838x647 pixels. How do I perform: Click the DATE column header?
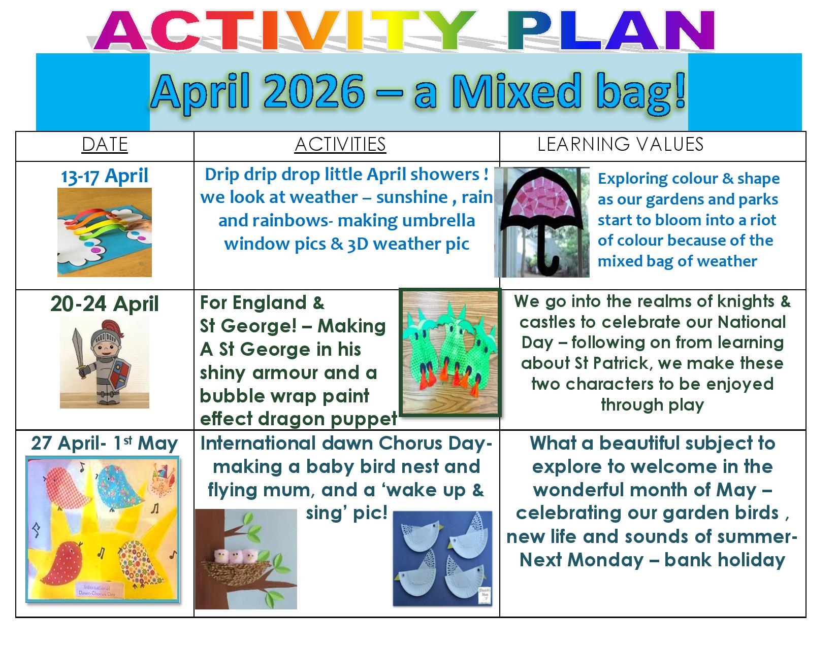pyautogui.click(x=105, y=145)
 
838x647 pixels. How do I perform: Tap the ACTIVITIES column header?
pyautogui.click(x=340, y=145)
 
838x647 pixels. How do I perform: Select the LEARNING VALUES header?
pyautogui.click(x=620, y=144)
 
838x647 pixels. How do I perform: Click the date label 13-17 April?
pyautogui.click(x=105, y=176)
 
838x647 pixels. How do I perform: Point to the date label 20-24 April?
pyautogui.click(x=105, y=303)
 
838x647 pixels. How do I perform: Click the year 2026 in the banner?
pyautogui.click(x=314, y=92)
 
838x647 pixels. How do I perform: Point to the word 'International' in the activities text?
pyautogui.click(x=258, y=444)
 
